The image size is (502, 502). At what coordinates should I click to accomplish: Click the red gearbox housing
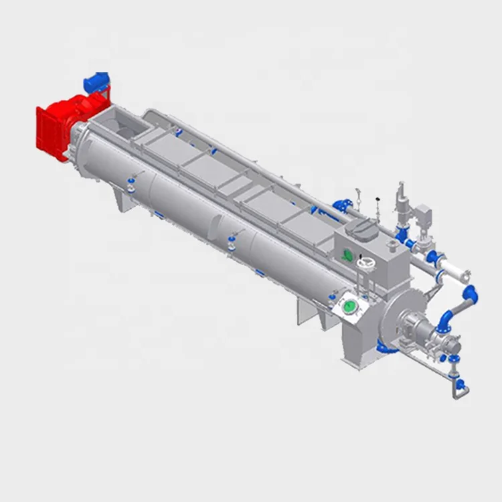click(54, 127)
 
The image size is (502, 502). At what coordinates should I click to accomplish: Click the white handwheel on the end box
click(364, 264)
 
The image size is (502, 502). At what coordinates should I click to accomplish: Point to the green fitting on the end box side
click(347, 254)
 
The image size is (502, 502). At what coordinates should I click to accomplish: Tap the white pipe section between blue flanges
click(455, 273)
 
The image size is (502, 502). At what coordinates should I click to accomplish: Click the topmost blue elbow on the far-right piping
click(470, 295)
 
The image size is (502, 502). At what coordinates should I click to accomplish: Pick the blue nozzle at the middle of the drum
click(232, 236)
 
